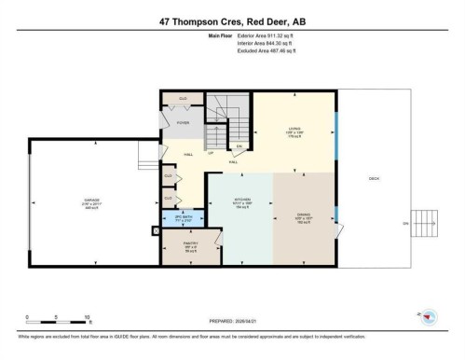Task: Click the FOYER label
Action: tap(183, 121)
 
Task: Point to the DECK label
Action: tap(374, 179)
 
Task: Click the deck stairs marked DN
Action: tap(425, 224)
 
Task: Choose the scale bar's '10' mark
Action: tap(87, 318)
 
